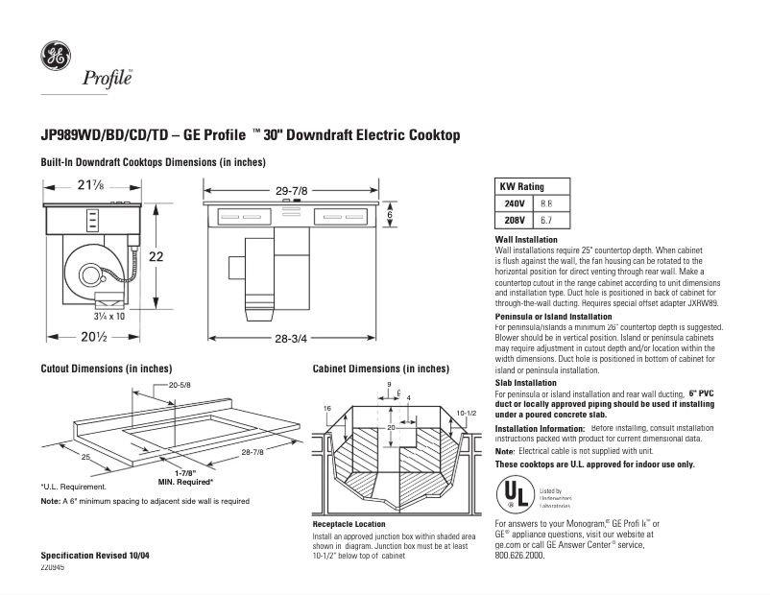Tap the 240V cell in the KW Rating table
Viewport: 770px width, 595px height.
pos(515,204)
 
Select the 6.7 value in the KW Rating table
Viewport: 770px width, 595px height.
pos(547,220)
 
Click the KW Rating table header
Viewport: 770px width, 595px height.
pos(520,187)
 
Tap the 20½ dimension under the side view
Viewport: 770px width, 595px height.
pos(94,337)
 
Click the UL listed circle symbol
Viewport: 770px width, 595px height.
pos(515,493)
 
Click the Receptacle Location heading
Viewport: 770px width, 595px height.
pos(349,524)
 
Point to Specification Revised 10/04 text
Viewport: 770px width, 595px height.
pos(96,557)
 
